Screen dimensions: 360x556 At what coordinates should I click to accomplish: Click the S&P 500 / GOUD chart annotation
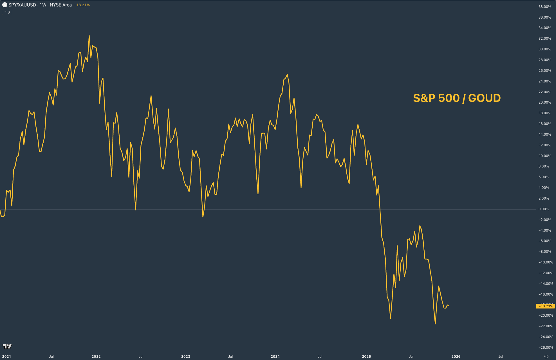point(457,98)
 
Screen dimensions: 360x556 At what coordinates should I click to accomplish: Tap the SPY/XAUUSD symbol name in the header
point(22,5)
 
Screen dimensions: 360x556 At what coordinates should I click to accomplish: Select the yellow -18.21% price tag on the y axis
point(545,306)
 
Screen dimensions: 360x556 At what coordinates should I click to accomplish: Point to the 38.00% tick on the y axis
point(545,7)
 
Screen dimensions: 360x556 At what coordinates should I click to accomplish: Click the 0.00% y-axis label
point(544,209)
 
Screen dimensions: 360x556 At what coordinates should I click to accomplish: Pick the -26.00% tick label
point(546,348)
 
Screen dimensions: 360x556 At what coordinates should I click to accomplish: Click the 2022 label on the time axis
point(96,356)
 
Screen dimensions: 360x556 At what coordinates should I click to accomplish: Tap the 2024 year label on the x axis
point(275,356)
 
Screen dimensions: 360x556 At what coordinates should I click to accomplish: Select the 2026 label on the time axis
point(456,356)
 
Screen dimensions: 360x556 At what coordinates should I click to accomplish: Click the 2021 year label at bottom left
point(6,356)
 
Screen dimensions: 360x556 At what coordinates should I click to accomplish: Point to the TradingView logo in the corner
point(7,346)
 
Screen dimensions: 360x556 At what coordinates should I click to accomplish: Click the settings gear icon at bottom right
point(546,356)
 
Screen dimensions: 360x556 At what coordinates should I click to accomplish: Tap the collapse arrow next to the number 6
point(5,12)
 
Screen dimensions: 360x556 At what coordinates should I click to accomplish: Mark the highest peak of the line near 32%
point(89,36)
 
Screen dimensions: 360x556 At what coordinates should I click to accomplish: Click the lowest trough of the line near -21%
point(435,324)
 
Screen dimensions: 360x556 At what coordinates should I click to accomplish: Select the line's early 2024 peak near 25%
point(287,75)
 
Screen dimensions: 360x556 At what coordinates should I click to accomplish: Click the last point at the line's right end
point(449,306)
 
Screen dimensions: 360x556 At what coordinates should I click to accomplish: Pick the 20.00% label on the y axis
point(545,102)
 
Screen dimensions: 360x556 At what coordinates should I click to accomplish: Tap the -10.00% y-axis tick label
point(546,262)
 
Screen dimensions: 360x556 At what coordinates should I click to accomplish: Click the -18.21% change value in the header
point(82,5)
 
